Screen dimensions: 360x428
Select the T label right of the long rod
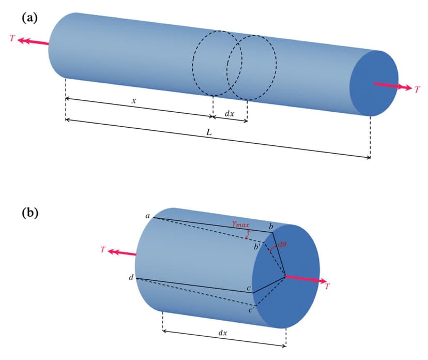click(x=417, y=89)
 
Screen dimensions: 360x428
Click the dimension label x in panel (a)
click(x=134, y=101)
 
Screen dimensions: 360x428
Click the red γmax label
click(x=240, y=224)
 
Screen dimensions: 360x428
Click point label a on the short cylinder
click(x=147, y=216)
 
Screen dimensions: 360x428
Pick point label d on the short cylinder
click(x=131, y=278)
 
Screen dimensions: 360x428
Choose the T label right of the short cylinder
click(x=327, y=288)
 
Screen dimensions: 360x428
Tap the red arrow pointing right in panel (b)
click(x=306, y=280)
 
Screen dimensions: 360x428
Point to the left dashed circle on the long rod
click(x=213, y=63)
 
